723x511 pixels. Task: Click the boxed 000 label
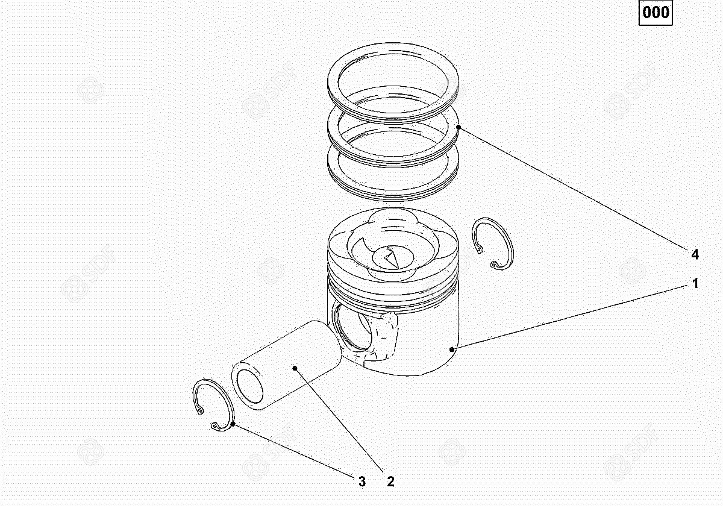tap(656, 13)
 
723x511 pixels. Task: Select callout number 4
tap(695, 255)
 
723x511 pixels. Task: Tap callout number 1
tap(695, 283)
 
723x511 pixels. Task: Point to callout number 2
tap(390, 481)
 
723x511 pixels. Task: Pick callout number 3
tap(362, 481)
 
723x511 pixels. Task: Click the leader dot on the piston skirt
tap(452, 350)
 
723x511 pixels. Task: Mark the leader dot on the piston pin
tap(295, 368)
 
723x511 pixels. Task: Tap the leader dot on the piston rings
tap(459, 127)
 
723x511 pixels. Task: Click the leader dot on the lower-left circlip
tap(233, 424)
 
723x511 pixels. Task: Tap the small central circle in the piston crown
tap(393, 257)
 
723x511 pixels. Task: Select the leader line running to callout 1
tap(570, 318)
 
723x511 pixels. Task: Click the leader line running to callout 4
tap(574, 189)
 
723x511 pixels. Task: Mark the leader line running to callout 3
tap(293, 451)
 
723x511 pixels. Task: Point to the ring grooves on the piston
tap(393, 292)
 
